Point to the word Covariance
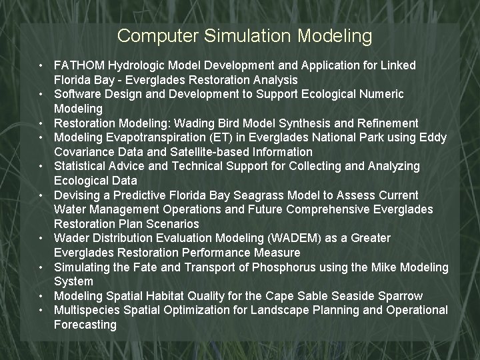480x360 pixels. click(83, 152)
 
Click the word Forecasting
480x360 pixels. click(85, 325)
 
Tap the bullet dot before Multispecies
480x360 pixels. click(41, 310)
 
